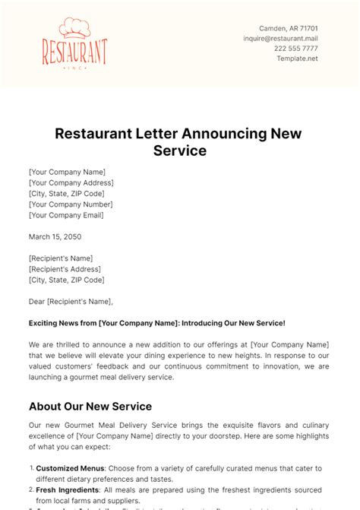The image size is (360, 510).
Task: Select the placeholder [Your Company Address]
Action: click(71, 182)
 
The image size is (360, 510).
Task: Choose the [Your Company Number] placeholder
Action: click(71, 204)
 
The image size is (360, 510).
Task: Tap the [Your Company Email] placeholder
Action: click(67, 214)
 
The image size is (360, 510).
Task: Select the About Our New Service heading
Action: click(90, 406)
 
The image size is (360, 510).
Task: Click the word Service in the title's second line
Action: click(179, 150)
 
